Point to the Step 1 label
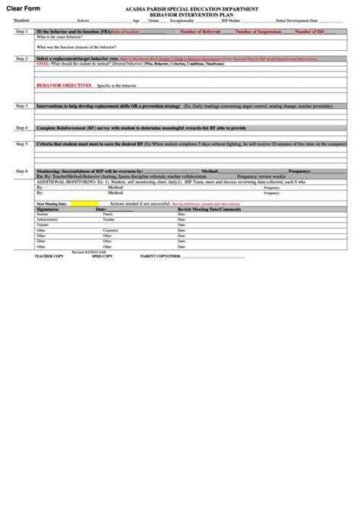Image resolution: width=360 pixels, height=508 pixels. point(21,32)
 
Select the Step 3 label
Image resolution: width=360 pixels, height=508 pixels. point(21,106)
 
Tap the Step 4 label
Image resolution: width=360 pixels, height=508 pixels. point(21,128)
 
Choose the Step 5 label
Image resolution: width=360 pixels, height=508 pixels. point(21,144)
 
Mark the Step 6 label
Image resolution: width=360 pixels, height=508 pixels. point(21,171)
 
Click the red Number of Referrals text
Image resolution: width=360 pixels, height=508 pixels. point(200,32)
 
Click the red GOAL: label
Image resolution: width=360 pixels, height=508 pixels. point(43,65)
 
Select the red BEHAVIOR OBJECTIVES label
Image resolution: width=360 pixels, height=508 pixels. point(62,87)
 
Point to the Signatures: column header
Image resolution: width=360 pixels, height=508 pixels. point(51,209)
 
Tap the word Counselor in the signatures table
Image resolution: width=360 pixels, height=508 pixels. point(111,229)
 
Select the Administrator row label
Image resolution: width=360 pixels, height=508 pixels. point(48,219)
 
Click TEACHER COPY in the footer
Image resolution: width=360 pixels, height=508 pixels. point(49,257)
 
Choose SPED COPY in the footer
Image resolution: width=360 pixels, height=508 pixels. point(102,257)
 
